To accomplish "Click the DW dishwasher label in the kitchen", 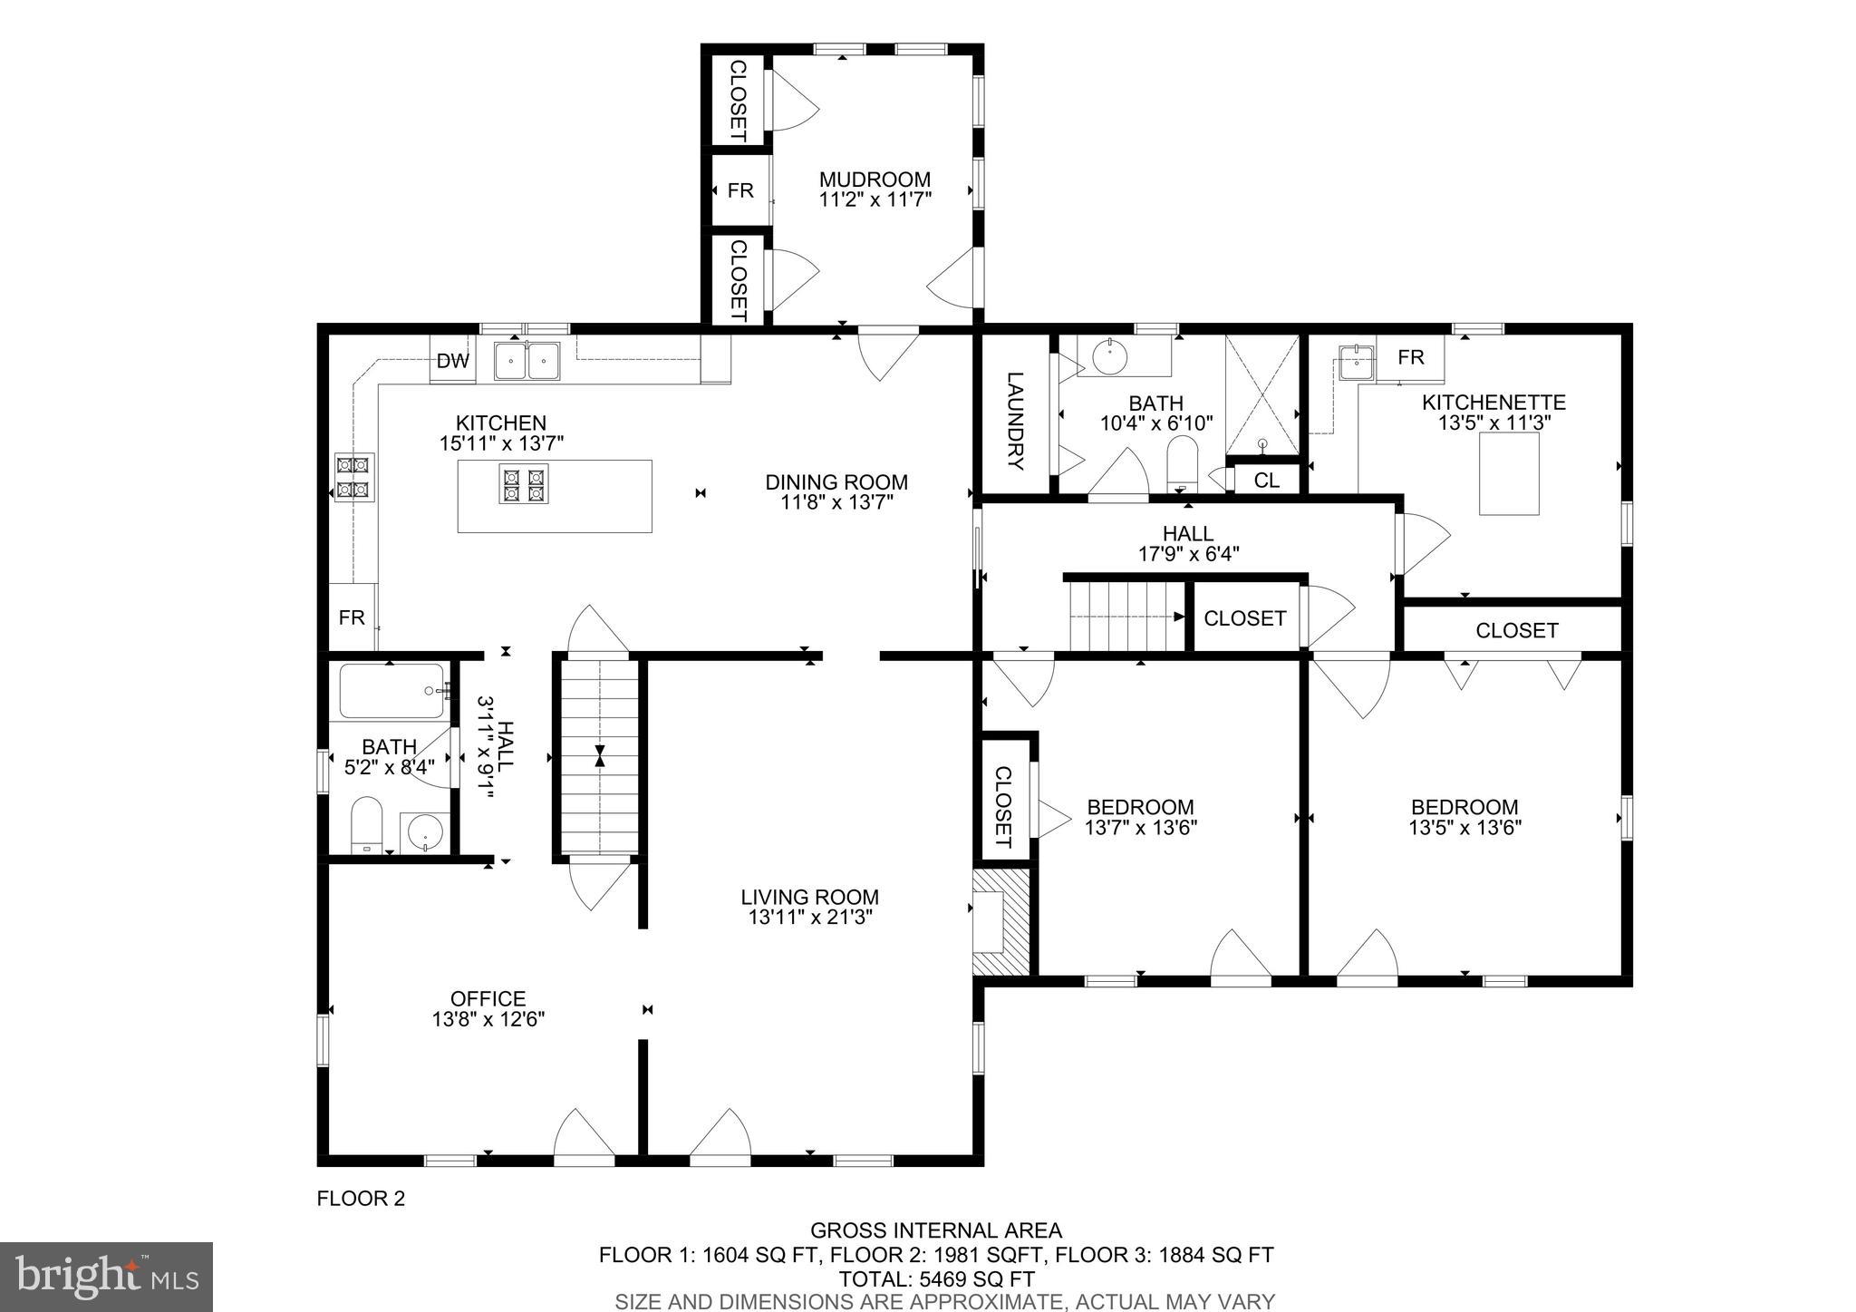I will click(x=453, y=362).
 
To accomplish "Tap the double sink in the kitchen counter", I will click(x=527, y=361).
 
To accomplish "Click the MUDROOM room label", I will click(x=875, y=180).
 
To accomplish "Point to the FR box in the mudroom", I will click(x=740, y=190).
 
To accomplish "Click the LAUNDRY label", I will click(x=1015, y=421).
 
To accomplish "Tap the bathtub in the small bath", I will click(x=391, y=692).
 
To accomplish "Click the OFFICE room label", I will click(x=488, y=998).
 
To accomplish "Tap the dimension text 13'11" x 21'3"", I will click(x=809, y=918).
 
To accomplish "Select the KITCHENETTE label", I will click(x=1493, y=402).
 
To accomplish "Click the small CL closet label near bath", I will click(x=1266, y=481).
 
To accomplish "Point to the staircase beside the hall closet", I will click(x=1126, y=617).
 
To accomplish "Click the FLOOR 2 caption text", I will click(x=361, y=1199).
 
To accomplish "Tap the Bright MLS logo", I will click(x=107, y=1278).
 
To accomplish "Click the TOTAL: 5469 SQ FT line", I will click(x=936, y=1279).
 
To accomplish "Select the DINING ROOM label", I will click(x=836, y=482).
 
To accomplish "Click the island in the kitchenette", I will click(x=1509, y=473).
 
